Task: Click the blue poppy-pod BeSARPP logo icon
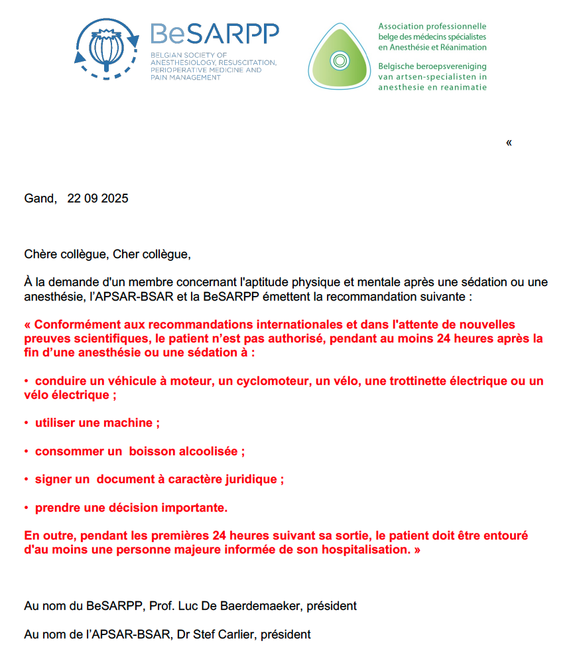(106, 48)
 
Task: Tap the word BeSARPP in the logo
(214, 33)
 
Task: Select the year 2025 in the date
(115, 198)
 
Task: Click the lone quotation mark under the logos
(509, 143)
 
